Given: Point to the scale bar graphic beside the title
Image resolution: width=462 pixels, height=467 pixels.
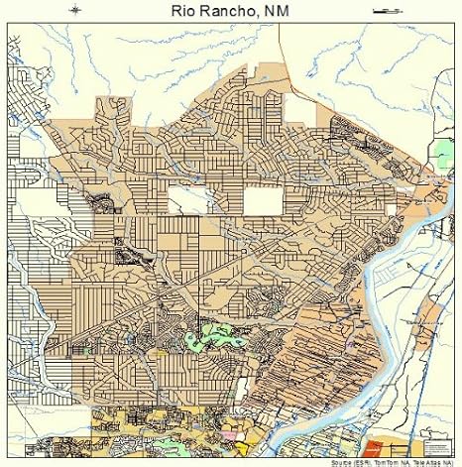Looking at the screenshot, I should (385, 10).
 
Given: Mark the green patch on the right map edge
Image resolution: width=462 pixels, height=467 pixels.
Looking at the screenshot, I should (443, 154).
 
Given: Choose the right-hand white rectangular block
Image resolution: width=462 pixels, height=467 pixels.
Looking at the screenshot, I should (263, 201).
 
